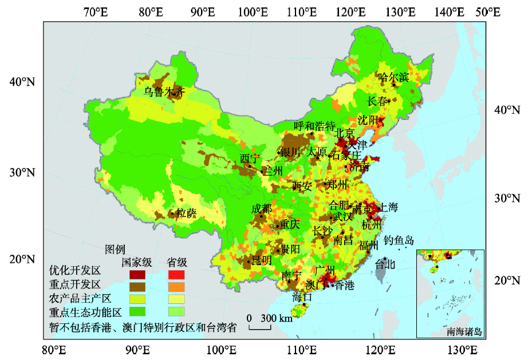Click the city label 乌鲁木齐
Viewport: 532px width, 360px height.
click(x=164, y=91)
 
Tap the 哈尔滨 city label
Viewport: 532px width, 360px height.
click(x=393, y=77)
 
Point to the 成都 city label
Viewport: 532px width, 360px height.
click(x=262, y=208)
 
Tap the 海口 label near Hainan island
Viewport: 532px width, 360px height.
click(x=302, y=297)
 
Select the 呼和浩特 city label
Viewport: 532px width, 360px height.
click(x=314, y=126)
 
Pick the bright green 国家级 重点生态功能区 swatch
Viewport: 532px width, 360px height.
click(x=137, y=311)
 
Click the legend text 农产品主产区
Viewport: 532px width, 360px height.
click(x=80, y=299)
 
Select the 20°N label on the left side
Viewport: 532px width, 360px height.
click(x=22, y=259)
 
